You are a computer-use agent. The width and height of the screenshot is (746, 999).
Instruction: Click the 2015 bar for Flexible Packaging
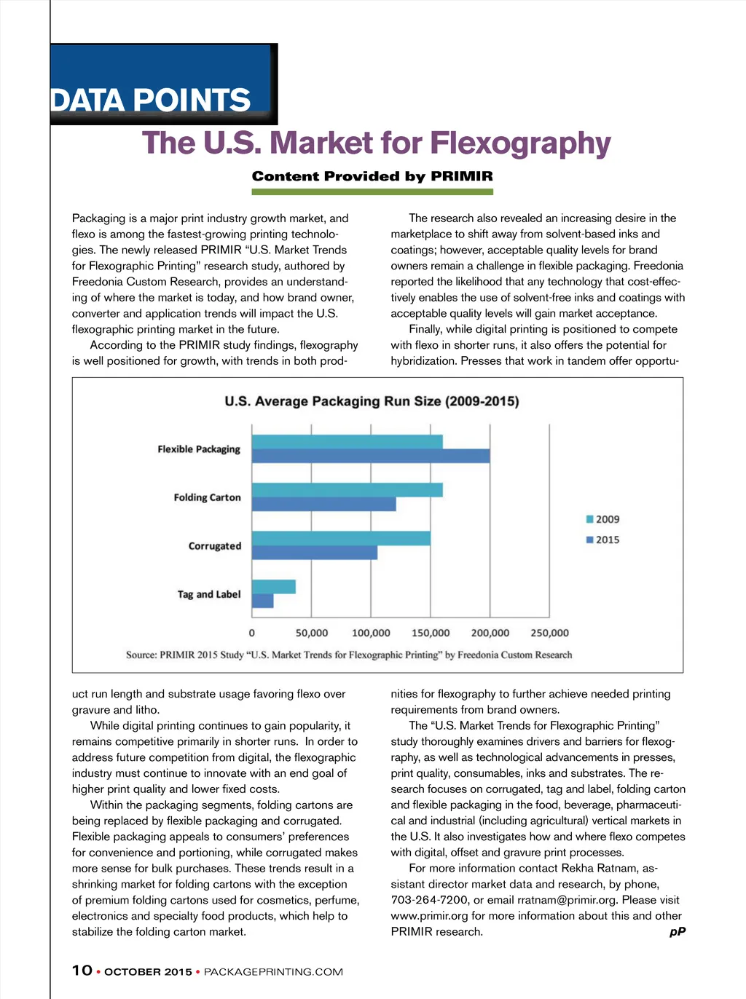click(370, 457)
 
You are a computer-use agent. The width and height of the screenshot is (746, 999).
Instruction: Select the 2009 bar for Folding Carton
click(347, 490)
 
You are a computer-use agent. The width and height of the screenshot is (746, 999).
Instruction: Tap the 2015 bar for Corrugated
click(314, 553)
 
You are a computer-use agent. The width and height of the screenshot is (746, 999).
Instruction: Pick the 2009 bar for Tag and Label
click(273, 587)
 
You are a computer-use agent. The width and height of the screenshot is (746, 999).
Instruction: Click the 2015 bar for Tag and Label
click(262, 601)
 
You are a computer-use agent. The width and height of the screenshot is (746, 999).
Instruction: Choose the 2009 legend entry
click(602, 519)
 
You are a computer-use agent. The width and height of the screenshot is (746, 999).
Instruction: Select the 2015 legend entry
click(602, 540)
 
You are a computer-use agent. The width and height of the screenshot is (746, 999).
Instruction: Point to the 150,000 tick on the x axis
click(431, 633)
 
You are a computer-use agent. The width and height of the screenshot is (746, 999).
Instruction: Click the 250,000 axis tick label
click(549, 633)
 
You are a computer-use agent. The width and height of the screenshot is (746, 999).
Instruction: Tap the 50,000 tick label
click(312, 633)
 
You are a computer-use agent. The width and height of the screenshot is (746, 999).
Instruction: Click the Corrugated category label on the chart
click(214, 546)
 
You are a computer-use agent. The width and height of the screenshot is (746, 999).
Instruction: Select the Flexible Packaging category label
click(199, 449)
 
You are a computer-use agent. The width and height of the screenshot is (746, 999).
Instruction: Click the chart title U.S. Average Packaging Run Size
click(372, 401)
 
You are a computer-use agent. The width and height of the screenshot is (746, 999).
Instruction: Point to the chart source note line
click(349, 655)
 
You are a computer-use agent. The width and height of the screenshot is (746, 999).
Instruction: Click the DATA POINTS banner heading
click(151, 100)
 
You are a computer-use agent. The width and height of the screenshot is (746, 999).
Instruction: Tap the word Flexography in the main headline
click(520, 143)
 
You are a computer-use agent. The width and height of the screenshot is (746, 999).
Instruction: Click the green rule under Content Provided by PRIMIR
click(372, 192)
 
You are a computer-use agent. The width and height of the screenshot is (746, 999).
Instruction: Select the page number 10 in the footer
click(82, 971)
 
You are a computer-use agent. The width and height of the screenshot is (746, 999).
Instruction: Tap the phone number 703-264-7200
click(430, 900)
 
